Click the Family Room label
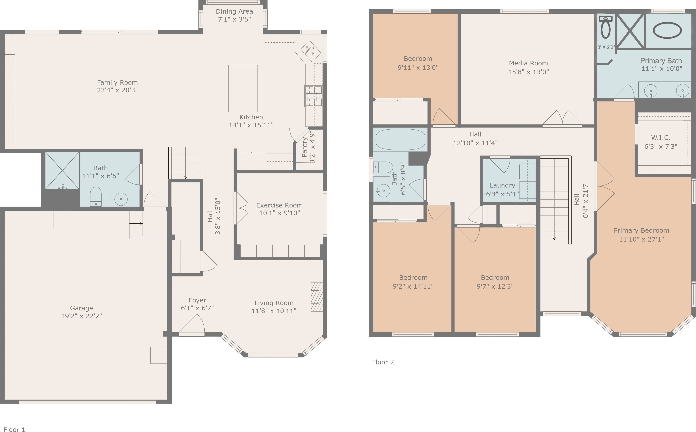coord(117,82)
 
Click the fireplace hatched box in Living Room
coord(317,297)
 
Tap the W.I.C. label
coord(661,138)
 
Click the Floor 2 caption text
coord(383,362)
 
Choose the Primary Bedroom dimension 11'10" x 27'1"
coord(641,239)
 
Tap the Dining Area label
coord(234,11)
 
